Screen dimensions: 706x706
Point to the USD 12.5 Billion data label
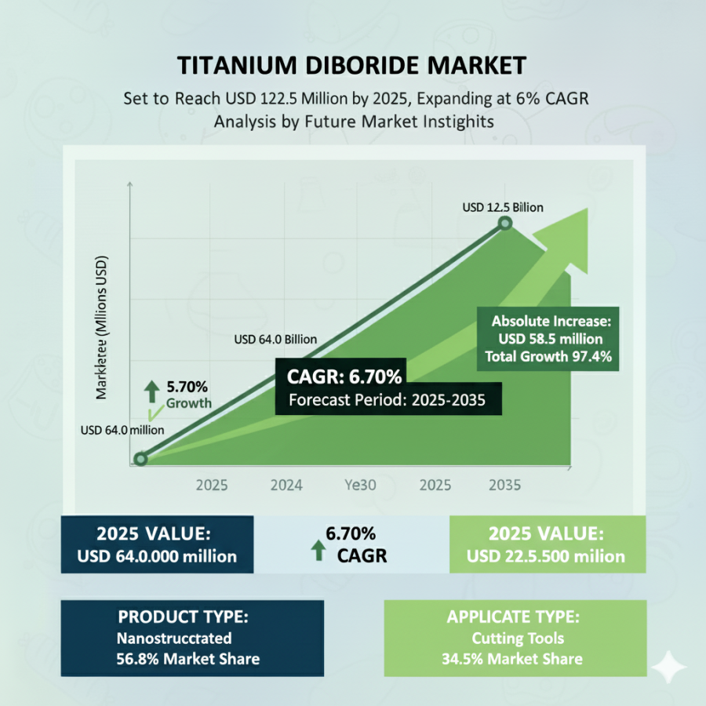click(x=502, y=207)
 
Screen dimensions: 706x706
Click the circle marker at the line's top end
click(x=505, y=224)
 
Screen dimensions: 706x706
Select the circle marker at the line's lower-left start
click(x=140, y=460)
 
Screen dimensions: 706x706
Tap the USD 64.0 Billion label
click(x=275, y=340)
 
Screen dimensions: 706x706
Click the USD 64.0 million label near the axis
click(x=122, y=430)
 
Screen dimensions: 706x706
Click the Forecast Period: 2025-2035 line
click(x=388, y=400)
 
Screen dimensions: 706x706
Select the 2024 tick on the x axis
click(x=286, y=486)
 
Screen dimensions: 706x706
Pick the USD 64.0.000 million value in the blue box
click(x=156, y=556)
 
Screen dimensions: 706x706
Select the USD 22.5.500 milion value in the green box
click(x=546, y=556)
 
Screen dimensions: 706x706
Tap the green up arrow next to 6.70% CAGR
click(x=318, y=549)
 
